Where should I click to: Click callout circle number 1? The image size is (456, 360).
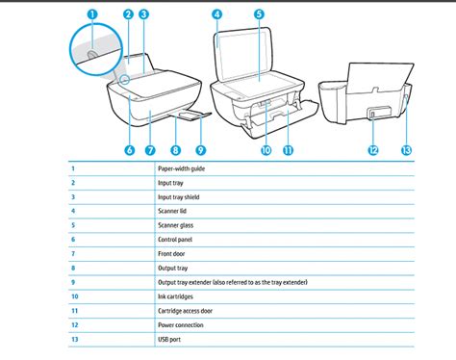pyautogui.click(x=92, y=13)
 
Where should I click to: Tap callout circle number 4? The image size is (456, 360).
pyautogui.click(x=217, y=13)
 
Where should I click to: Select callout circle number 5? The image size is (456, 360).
pyautogui.click(x=260, y=13)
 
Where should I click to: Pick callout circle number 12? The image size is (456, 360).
pyautogui.click(x=372, y=149)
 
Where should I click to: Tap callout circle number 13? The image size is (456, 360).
pyautogui.click(x=404, y=149)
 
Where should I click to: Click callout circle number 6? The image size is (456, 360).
pyautogui.click(x=128, y=149)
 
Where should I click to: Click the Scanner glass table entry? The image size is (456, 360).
pyautogui.click(x=176, y=224)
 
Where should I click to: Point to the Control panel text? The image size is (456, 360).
pyautogui.click(x=176, y=239)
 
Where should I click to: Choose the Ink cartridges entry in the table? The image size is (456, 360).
pyautogui.click(x=176, y=296)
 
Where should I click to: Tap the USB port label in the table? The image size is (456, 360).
pyautogui.click(x=170, y=340)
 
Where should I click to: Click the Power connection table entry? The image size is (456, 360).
pyautogui.click(x=182, y=325)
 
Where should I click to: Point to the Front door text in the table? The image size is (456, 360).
pyautogui.click(x=172, y=253)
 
